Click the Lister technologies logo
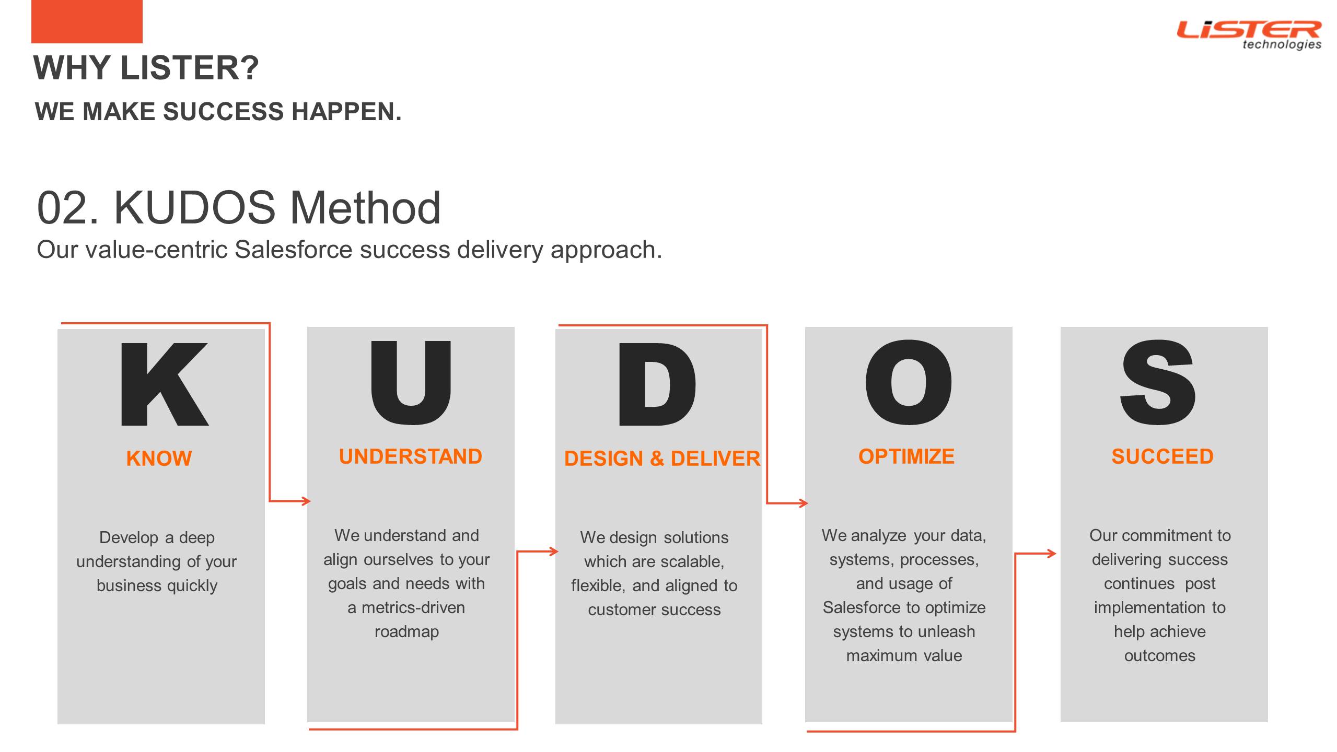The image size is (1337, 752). point(1249,35)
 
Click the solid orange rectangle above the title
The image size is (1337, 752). point(87,21)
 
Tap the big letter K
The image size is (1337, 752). point(165,384)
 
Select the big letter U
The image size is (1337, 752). point(410,382)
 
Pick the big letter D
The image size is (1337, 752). point(657,384)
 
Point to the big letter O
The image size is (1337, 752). point(909,382)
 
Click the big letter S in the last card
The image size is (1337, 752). point(1158,382)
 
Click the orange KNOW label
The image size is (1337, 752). point(159,459)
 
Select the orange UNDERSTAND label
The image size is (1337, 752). point(411,456)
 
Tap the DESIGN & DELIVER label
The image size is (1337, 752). point(662,459)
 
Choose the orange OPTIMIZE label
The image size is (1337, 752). point(906,456)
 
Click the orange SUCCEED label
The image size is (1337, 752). point(1162,456)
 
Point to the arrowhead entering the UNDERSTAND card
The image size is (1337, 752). point(306,501)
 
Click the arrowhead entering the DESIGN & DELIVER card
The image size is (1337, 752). point(554,551)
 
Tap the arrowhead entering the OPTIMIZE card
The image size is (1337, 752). point(804,503)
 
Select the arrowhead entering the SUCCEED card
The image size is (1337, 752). point(1051,554)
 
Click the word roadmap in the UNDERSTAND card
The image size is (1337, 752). point(407,632)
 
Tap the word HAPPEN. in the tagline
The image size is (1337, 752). point(347,112)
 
